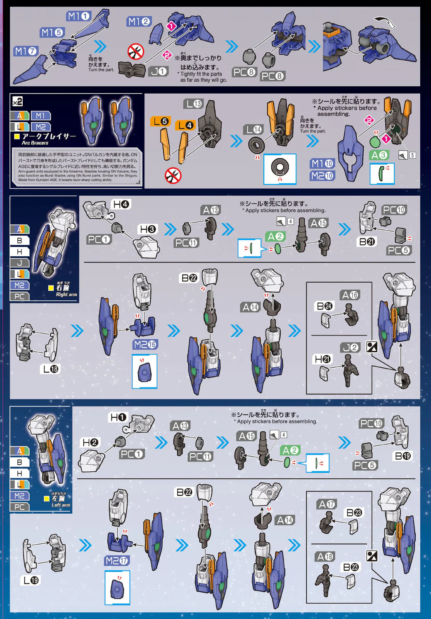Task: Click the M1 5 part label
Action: point(52,32)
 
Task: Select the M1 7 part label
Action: point(26,51)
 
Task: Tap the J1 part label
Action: point(158,71)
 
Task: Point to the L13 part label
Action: point(193,104)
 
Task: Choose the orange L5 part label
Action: point(160,121)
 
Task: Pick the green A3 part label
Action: point(379,155)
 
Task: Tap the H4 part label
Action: point(121,204)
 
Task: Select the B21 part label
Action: point(367,242)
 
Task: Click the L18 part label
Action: point(51,369)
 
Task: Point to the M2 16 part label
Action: point(145,344)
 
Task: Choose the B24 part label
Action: point(324,306)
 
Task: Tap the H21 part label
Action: point(322,359)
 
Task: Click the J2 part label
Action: point(350,347)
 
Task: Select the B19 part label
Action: point(403,456)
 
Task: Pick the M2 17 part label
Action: point(117,560)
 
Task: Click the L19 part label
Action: point(31,580)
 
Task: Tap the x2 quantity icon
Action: point(17,102)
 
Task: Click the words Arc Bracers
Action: point(35,143)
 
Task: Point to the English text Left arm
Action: point(61,505)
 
